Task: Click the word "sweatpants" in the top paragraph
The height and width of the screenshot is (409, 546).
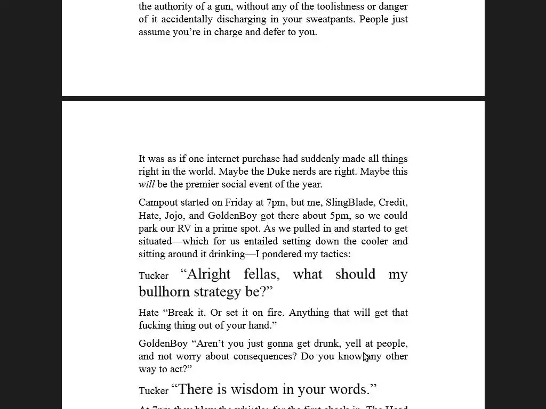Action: click(331, 19)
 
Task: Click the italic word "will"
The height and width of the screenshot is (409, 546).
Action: click(146, 184)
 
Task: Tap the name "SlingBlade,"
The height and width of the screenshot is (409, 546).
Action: click(349, 202)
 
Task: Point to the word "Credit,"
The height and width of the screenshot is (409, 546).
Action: click(392, 202)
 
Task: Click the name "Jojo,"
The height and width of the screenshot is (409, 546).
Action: click(174, 216)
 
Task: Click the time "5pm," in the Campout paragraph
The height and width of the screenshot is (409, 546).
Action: click(340, 216)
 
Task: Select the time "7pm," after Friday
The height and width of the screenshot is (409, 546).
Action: click(276, 202)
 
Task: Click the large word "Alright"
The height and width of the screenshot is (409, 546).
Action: click(208, 274)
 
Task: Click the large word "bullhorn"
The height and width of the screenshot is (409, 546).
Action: click(164, 292)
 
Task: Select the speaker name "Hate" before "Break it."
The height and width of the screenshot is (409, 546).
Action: click(149, 313)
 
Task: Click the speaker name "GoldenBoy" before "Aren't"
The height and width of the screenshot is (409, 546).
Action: click(163, 343)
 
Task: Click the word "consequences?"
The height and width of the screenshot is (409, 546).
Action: click(266, 356)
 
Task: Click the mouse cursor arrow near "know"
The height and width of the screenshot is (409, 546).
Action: click(366, 357)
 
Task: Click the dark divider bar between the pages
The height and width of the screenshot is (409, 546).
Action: click(273, 99)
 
